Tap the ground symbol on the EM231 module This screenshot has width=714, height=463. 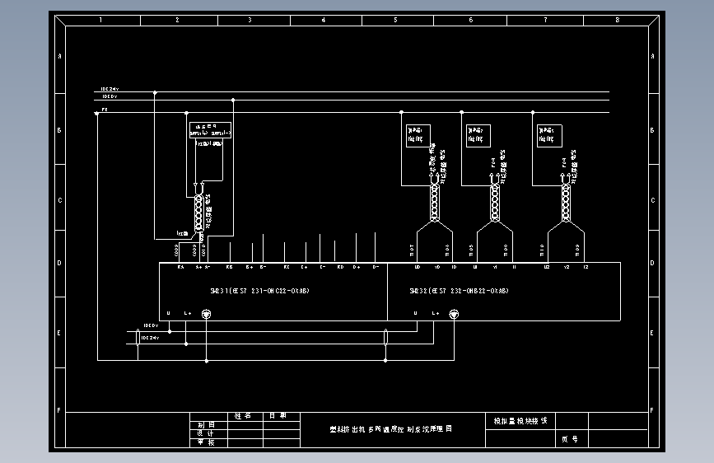coord(207,313)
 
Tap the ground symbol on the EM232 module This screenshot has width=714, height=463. coord(453,313)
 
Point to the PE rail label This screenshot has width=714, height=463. coord(105,109)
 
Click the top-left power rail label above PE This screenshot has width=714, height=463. coord(110,89)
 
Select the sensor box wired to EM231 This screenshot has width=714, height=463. coord(211,130)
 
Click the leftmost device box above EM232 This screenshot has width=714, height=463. coord(418,135)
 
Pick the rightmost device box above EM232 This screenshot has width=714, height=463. coord(549,135)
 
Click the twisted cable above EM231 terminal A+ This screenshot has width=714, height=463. coord(198,213)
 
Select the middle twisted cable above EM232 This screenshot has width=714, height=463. coord(495,202)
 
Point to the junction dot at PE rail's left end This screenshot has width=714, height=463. coord(97,114)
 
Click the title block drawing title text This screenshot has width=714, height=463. coord(391,429)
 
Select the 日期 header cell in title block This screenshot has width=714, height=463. coord(278,417)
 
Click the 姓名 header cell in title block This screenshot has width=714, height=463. coord(243,417)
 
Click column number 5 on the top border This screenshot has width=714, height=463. coord(396,19)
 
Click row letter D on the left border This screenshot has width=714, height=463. coord(58,264)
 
